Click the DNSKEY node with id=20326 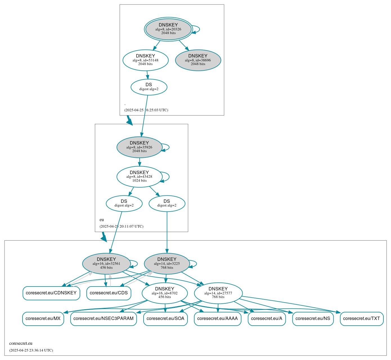[x=168, y=29]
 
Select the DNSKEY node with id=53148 [x=146, y=60]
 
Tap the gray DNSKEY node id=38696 [x=198, y=60]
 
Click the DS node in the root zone [x=149, y=87]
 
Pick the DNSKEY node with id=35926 [x=139, y=147]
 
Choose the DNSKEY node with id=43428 [x=139, y=177]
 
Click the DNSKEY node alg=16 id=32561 [x=106, y=263]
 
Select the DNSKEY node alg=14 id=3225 [x=167, y=263]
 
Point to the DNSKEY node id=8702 [x=165, y=293]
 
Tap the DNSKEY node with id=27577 [x=218, y=293]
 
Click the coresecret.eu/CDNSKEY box [x=51, y=293]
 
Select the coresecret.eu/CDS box [x=109, y=293]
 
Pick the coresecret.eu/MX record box [x=43, y=319]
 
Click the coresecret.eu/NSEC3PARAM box [x=103, y=319]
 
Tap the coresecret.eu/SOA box [x=166, y=319]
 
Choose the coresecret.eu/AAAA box [x=218, y=319]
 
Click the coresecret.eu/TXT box [x=361, y=319]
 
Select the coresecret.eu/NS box [x=313, y=319]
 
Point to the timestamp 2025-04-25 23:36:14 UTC [x=31, y=350]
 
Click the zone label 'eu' [x=102, y=220]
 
